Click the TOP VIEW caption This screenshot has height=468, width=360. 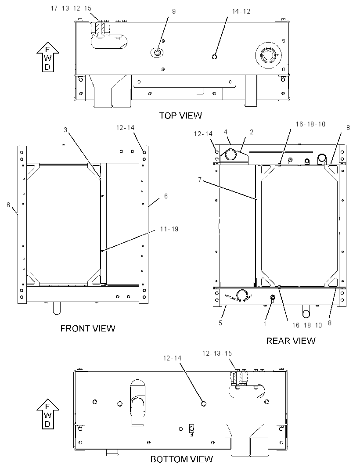pos(180,115)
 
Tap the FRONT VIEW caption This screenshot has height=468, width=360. pos(88,328)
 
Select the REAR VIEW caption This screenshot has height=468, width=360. pos(291,341)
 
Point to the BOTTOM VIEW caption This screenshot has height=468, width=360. pos(181,459)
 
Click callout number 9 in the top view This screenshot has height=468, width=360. pos(174,11)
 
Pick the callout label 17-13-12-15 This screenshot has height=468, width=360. pos(71,8)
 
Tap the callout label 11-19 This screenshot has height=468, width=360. pos(169,229)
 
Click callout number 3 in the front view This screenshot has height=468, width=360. pos(65,130)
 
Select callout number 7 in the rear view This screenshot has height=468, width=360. pos(200,180)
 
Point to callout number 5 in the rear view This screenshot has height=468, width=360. pos(220,323)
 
